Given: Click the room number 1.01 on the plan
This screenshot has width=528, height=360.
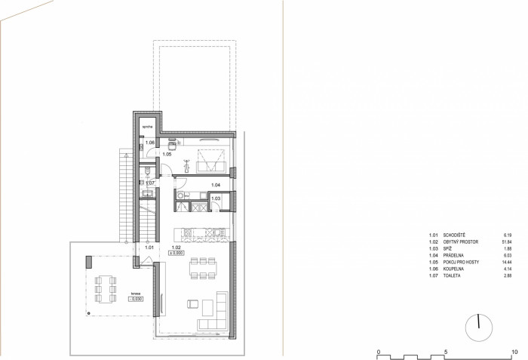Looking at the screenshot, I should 149,248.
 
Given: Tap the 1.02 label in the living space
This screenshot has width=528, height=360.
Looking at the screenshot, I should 176,248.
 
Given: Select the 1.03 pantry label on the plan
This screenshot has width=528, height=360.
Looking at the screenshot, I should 216,198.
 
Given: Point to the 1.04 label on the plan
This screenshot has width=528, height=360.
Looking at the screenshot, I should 215,185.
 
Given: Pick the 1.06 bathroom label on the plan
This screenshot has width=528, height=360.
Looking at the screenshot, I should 149,143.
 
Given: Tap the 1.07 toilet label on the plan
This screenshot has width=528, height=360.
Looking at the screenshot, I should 149,183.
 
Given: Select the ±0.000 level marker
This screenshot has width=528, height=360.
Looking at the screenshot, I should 177,254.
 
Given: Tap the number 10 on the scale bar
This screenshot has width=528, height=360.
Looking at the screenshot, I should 514,351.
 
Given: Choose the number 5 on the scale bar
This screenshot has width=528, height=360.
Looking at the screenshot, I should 447,351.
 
